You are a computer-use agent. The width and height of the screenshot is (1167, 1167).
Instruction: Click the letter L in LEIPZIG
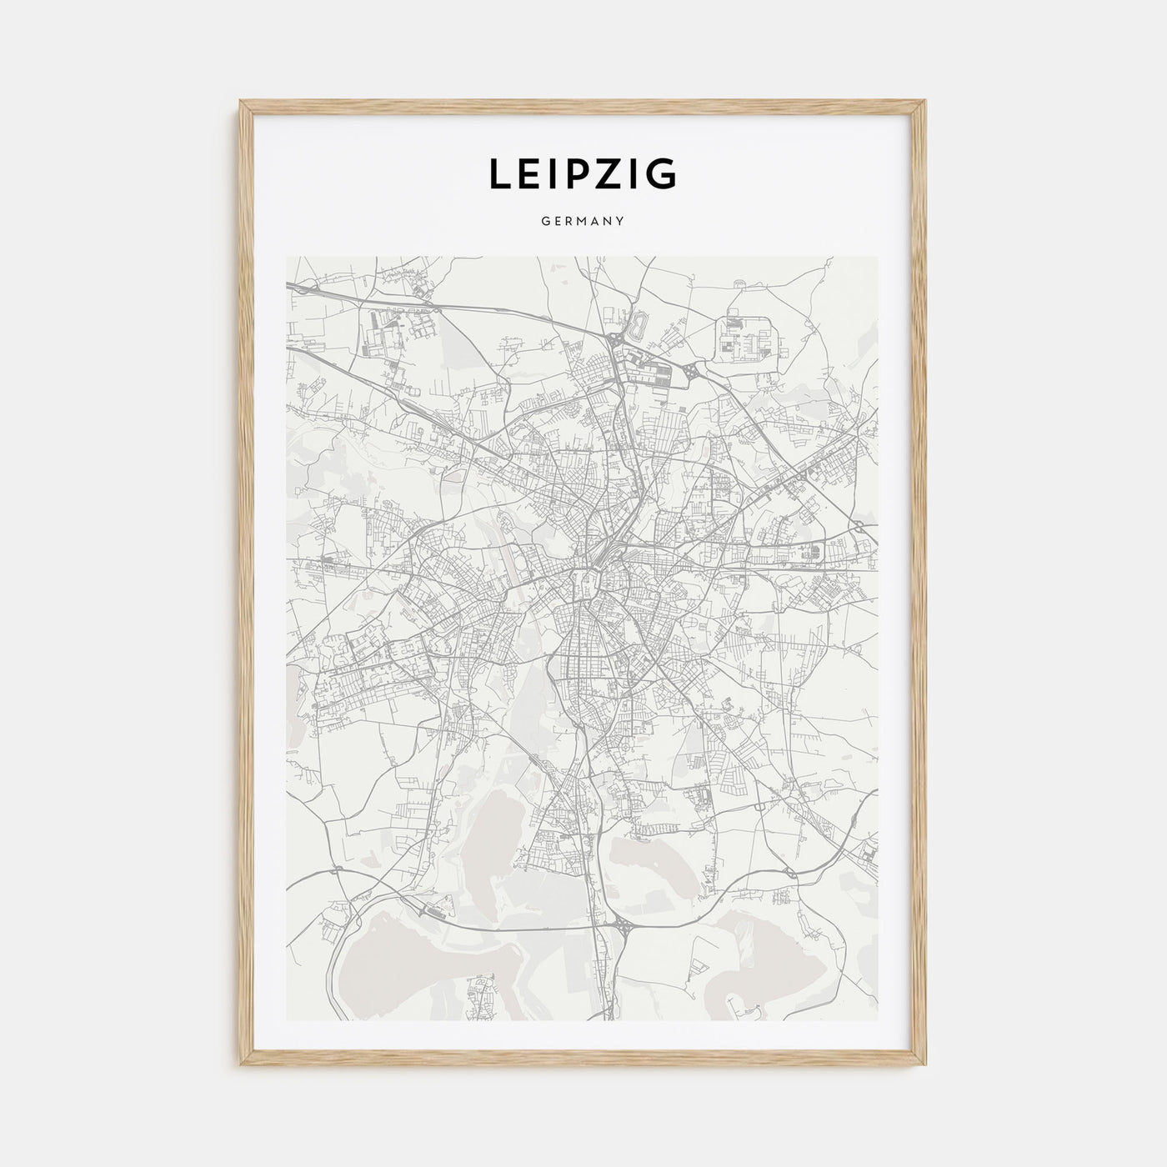[x=499, y=174]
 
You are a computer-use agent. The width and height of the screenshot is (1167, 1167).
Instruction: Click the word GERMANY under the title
[x=583, y=222]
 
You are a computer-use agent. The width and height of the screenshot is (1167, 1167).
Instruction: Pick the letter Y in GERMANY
[x=621, y=222]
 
